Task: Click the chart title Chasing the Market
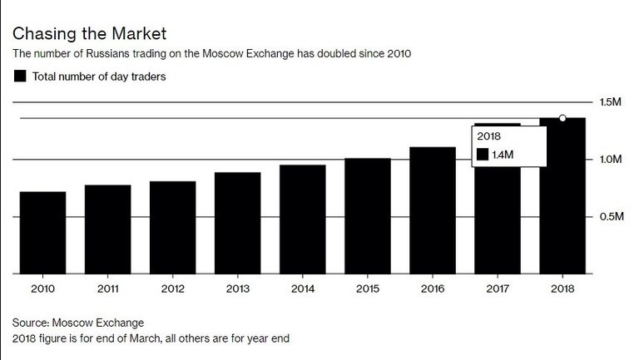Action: click(x=89, y=34)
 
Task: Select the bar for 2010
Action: click(x=42, y=233)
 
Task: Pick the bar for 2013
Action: click(x=237, y=223)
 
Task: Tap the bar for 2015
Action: click(x=367, y=216)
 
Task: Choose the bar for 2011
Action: click(x=107, y=229)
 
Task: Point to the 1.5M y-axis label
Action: click(x=611, y=102)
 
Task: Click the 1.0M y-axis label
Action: click(x=611, y=160)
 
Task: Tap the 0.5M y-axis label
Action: click(x=611, y=217)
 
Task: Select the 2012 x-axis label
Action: click(x=172, y=289)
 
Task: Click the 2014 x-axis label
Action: click(x=302, y=289)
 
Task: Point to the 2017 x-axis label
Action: click(x=497, y=289)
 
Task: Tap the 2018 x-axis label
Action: click(x=562, y=289)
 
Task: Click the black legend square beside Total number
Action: click(x=20, y=76)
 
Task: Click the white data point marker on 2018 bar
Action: click(x=562, y=118)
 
